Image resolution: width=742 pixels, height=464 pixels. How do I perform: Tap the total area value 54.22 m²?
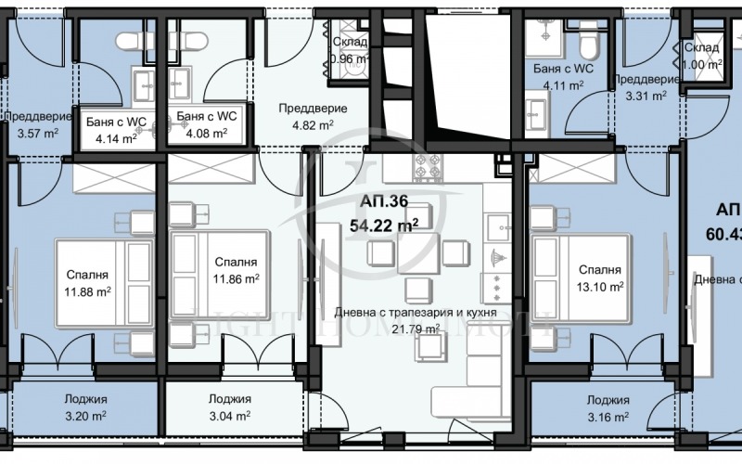383,224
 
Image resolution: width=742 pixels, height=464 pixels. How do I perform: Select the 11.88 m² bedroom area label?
87,291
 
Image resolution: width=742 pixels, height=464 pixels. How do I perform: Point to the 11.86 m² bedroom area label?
235,278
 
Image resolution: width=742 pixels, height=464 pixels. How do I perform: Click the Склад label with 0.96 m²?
351,43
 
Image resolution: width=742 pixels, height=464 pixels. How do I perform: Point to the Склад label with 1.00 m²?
701,48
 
